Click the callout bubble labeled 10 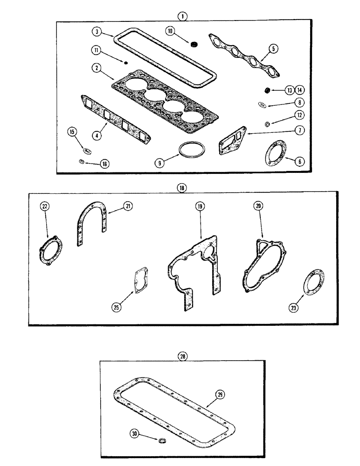170,32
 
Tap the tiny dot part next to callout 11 125,62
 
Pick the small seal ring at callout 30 163,440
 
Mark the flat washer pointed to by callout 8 262,105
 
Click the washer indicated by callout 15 86,150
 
